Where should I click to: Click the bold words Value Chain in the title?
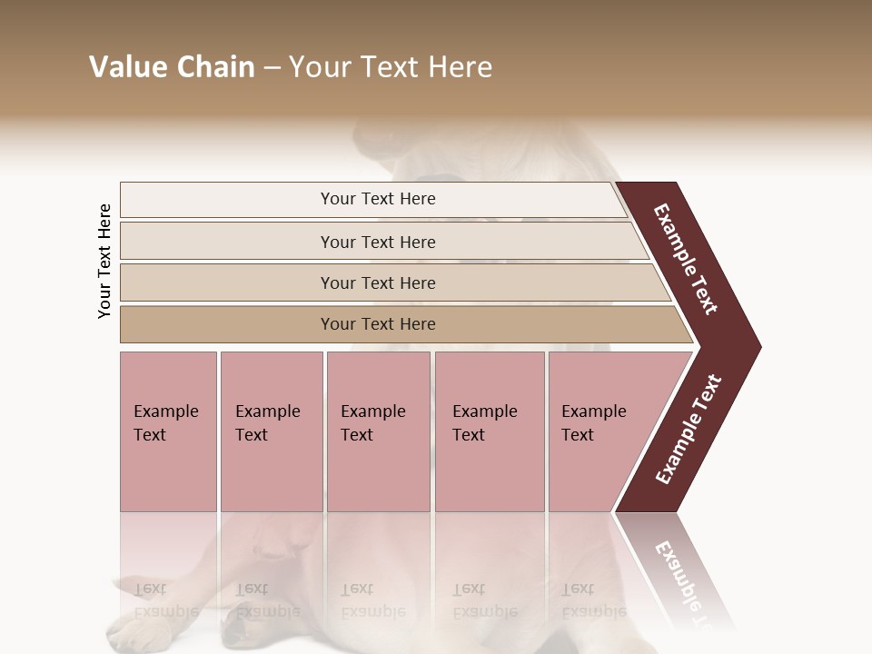[172, 67]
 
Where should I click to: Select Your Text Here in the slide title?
[391, 67]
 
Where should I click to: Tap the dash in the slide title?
[272, 68]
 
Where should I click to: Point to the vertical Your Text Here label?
[104, 261]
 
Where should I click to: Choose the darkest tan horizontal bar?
[227, 324]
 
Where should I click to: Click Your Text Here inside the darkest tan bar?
[378, 324]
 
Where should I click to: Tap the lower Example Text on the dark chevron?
[688, 429]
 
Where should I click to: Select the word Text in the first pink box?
[150, 435]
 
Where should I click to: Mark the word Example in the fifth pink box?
[594, 411]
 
